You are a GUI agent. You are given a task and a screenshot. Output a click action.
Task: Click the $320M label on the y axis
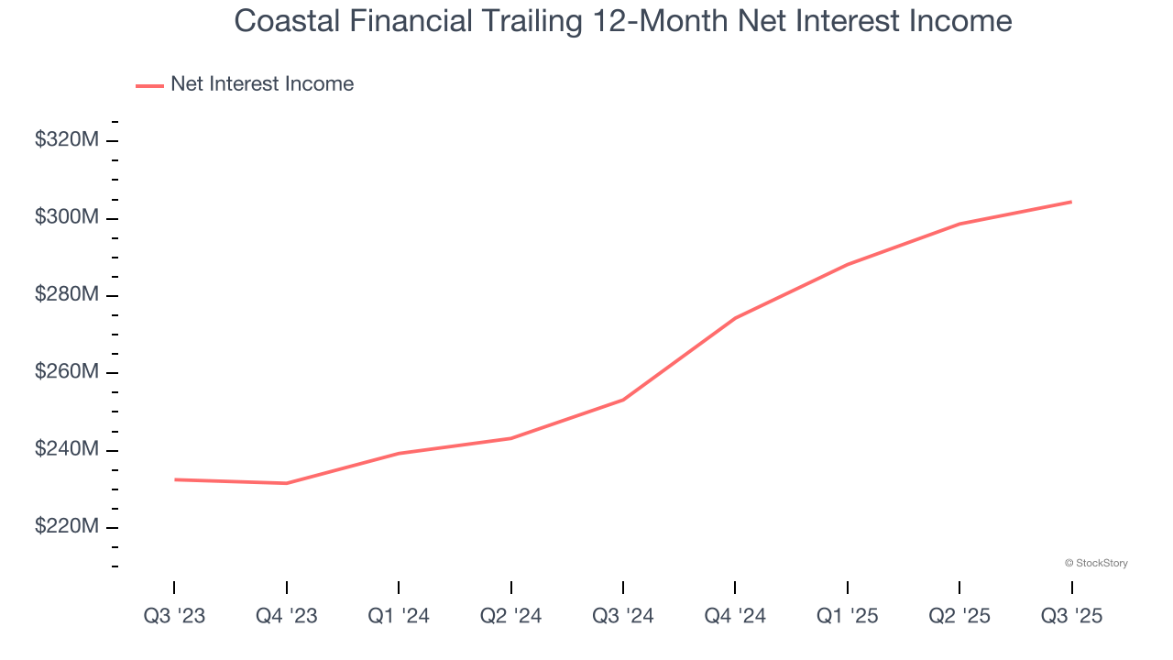coord(67,140)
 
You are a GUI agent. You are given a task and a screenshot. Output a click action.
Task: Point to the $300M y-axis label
coord(67,218)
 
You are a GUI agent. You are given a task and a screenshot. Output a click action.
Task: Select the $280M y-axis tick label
coord(67,295)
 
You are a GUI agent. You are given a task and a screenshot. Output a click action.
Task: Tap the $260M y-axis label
coord(67,373)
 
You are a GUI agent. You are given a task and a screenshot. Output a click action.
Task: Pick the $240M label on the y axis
coord(67,450)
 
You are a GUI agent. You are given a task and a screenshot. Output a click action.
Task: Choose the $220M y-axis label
coord(67,527)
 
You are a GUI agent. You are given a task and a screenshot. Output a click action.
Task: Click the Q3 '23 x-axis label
coord(174,616)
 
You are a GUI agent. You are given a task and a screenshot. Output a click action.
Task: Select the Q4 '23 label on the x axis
coord(287,616)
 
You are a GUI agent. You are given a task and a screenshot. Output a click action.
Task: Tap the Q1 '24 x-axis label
coord(399,616)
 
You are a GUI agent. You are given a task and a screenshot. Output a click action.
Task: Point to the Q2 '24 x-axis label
coord(511,616)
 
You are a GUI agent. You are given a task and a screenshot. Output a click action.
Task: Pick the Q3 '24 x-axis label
coord(623,616)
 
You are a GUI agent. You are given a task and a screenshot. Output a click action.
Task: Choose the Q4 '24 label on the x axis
coord(735,616)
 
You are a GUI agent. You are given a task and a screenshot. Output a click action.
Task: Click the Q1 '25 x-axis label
coord(848,616)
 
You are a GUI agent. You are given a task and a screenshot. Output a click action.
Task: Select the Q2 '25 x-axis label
coord(959,616)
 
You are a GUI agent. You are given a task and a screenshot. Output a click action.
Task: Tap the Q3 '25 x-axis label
coord(1071,616)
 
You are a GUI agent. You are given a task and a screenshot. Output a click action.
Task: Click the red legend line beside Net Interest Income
coord(149,85)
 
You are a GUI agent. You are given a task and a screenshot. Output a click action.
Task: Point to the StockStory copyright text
coord(1096,563)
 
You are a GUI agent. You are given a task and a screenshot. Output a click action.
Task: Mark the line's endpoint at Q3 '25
coord(1071,202)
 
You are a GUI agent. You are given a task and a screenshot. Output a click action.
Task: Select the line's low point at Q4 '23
coord(287,483)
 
